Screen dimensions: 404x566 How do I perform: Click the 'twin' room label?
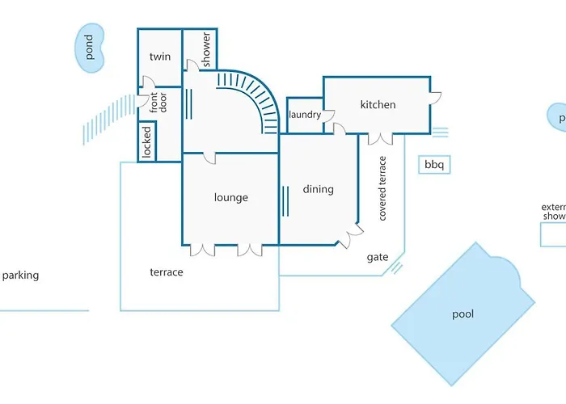(160, 57)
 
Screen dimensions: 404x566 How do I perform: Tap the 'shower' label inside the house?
(206, 49)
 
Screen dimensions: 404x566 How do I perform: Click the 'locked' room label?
(147, 142)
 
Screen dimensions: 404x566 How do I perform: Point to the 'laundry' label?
(305, 115)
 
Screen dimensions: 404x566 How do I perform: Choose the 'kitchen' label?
(378, 105)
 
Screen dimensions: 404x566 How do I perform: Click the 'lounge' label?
(230, 197)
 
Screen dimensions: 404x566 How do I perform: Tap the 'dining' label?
(318, 190)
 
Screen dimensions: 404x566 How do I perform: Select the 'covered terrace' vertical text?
(382, 188)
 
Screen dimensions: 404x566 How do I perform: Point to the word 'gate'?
(378, 258)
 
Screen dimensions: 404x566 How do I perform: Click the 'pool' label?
(463, 314)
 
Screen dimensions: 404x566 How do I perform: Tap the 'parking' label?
(20, 276)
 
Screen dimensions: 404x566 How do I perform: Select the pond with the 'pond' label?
(91, 47)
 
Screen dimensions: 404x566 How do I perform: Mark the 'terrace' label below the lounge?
(166, 272)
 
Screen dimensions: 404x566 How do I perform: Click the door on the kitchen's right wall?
(435, 99)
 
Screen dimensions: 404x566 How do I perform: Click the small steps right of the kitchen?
(440, 131)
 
